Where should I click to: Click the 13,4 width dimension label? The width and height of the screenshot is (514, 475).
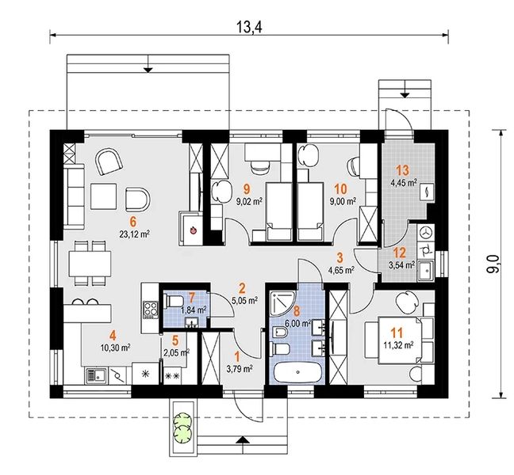tap(249, 27)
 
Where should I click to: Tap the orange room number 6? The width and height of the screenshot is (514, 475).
tap(132, 222)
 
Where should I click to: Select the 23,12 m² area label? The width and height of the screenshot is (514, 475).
tap(135, 234)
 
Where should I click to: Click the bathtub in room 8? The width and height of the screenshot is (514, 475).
tap(297, 372)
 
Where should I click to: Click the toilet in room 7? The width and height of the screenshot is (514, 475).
tap(172, 301)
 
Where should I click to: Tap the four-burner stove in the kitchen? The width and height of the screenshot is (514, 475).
tap(151, 310)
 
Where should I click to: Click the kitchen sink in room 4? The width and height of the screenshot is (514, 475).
tap(96, 375)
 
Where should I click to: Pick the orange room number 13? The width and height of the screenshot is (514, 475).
tap(402, 170)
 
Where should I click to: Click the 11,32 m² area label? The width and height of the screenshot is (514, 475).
tap(398, 344)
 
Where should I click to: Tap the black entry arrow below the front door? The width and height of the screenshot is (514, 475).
tap(242, 439)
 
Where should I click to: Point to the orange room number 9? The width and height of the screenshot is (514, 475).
tap(247, 188)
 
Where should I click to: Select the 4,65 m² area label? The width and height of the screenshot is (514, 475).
tap(341, 270)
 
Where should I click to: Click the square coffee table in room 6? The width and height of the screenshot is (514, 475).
tap(104, 196)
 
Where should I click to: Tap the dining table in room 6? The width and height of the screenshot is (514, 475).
tap(90, 264)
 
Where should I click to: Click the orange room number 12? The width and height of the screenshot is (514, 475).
tap(400, 253)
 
